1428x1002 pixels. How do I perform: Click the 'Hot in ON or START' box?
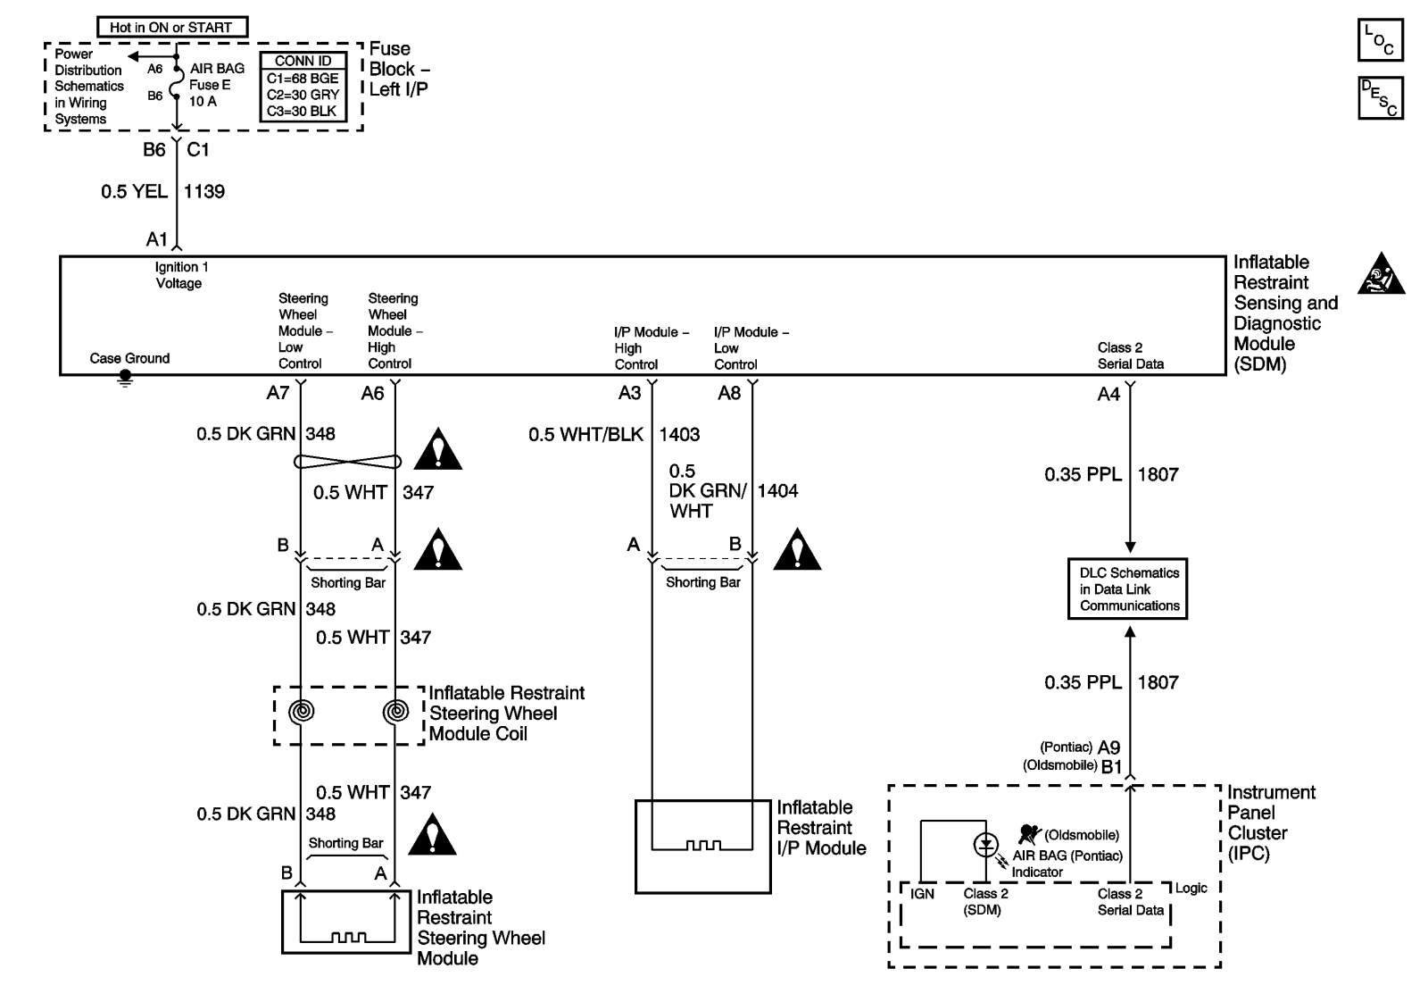171,28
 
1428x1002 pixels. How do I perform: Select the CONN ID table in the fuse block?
303,87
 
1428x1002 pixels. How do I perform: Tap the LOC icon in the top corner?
1380,41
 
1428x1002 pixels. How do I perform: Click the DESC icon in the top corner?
1380,98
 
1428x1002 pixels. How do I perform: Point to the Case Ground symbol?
126,379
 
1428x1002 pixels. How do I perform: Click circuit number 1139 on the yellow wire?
204,191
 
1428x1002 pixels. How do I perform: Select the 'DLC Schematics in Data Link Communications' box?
1129,589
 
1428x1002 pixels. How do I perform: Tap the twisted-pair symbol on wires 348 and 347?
348,461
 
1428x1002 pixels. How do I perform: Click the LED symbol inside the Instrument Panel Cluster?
985,844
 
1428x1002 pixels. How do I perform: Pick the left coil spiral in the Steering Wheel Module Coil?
302,712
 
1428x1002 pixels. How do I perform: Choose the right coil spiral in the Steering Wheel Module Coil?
395,712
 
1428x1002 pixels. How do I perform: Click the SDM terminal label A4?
1108,394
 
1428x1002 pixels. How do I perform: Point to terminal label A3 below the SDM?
630,393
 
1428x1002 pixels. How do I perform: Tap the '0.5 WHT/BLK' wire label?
585,435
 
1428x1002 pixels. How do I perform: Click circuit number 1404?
777,490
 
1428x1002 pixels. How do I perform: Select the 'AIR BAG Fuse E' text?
214,77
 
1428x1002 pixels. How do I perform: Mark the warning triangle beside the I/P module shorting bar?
797,551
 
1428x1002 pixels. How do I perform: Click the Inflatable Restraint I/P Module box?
702,846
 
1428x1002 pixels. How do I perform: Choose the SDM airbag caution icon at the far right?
1381,274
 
